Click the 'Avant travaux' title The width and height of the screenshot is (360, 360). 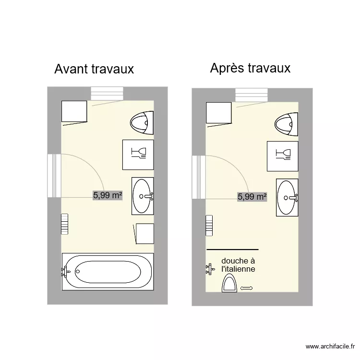point(94,69)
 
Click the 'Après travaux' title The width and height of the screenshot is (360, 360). point(250,68)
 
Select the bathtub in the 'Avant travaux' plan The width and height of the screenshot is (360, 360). point(108,272)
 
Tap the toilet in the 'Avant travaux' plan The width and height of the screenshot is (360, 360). point(143,122)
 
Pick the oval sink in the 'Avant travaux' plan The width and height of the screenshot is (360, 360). point(143,195)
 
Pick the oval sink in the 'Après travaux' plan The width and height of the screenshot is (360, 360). point(287,197)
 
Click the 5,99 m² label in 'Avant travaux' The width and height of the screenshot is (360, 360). point(108,195)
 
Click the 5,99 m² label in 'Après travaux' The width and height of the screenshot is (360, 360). point(252,196)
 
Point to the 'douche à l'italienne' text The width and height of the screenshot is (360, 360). point(238,265)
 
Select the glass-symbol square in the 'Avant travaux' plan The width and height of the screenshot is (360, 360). point(138,154)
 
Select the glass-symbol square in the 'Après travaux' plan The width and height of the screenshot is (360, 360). point(283,156)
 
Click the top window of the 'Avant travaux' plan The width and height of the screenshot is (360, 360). point(108,94)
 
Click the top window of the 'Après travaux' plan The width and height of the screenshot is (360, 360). point(252,95)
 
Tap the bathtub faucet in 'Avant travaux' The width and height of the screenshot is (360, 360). point(65,272)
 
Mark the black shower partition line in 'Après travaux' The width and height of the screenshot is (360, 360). point(232,250)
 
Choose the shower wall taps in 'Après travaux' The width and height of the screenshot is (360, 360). point(209,269)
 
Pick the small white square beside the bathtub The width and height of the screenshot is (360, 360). point(144,233)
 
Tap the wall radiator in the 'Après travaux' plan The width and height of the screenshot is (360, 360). point(209,226)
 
